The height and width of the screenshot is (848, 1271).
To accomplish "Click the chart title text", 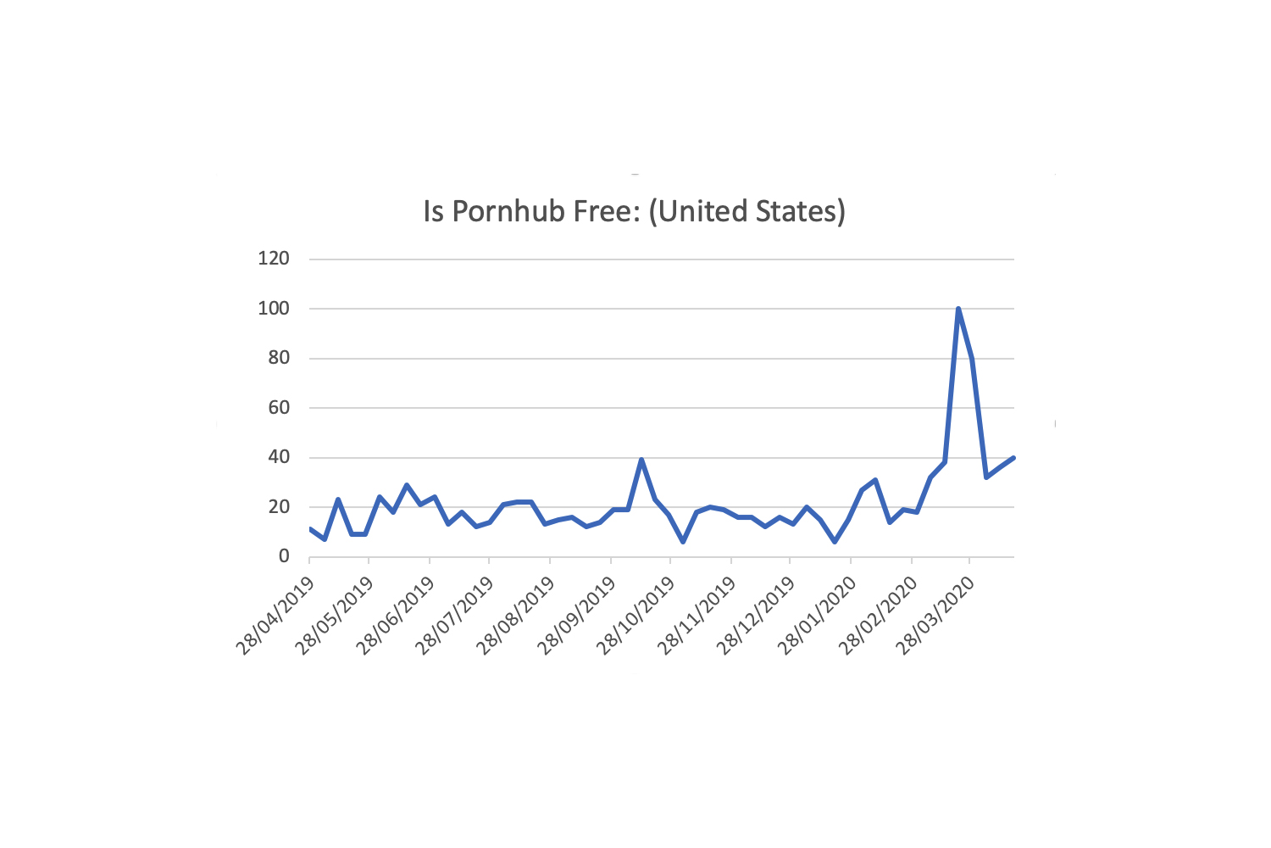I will coord(634,211).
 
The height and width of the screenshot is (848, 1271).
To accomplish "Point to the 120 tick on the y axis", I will coord(274,259).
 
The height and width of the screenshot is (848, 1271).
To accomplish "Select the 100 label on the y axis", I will coord(274,309).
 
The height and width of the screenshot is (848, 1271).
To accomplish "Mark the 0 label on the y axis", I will coord(283,557).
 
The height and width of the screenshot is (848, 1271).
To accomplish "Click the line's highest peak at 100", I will coord(958,309).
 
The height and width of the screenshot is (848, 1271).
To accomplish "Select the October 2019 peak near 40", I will coord(641,460).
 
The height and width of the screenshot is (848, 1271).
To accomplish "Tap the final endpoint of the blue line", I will coord(1013,458).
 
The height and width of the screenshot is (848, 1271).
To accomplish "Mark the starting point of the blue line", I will coord(310,529).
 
